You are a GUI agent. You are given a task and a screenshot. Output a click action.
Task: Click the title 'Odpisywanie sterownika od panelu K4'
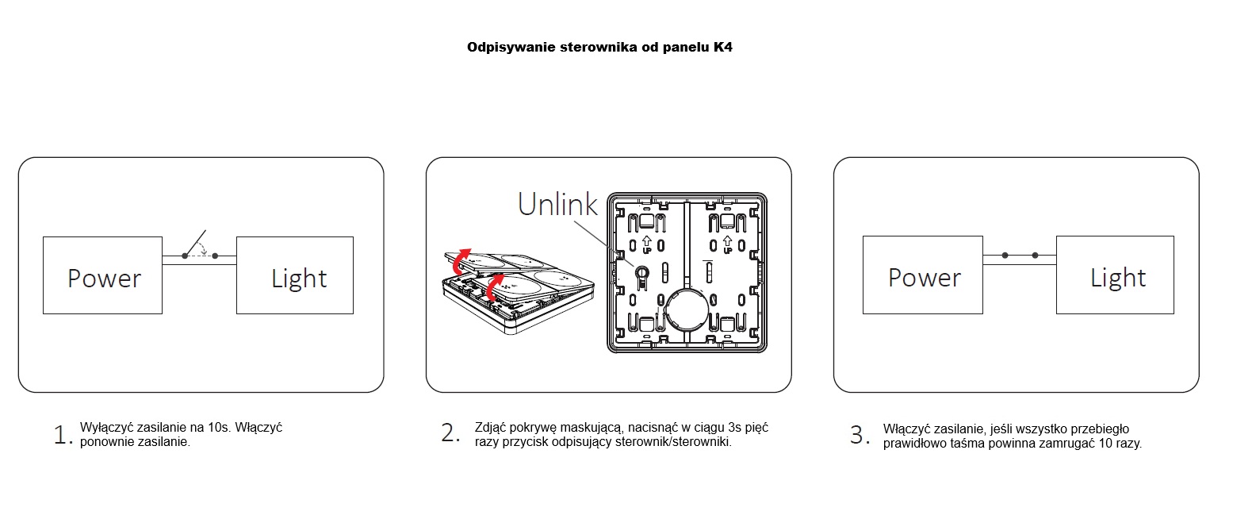coord(599,48)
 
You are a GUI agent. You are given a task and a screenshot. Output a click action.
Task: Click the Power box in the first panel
coord(102,275)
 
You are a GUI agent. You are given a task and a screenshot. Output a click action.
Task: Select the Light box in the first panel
coord(295,275)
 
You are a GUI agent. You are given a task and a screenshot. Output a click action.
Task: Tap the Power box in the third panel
coord(922,275)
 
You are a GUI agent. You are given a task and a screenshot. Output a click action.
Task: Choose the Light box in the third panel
coord(1115,275)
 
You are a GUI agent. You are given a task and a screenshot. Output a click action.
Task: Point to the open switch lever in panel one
coord(196,243)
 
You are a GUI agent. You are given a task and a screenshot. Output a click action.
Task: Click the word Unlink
coord(557,205)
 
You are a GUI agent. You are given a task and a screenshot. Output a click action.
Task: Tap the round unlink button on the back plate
coord(641,272)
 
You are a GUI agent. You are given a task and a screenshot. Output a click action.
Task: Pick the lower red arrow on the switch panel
coord(494,286)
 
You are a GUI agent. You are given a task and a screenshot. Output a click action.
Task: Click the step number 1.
coord(63,435)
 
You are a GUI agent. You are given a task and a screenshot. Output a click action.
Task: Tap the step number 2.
coord(450,433)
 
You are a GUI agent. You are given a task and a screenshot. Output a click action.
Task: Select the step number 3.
coord(860,435)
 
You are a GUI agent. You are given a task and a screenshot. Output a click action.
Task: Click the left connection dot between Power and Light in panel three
coord(1005,256)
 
